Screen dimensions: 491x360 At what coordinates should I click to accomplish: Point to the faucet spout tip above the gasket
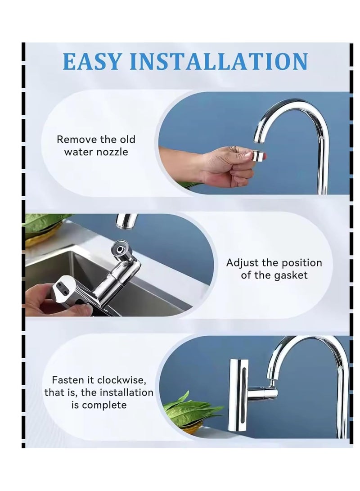(x=126, y=221)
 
